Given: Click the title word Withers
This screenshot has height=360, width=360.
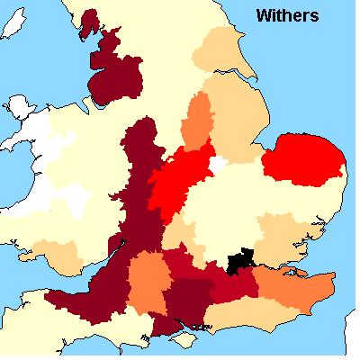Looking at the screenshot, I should [x=287, y=15].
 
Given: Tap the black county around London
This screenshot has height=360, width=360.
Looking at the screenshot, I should [x=240, y=262].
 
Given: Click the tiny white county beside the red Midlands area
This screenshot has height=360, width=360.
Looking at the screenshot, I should [x=217, y=166].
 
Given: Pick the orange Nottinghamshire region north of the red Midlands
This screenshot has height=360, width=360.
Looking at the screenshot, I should [x=197, y=121].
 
